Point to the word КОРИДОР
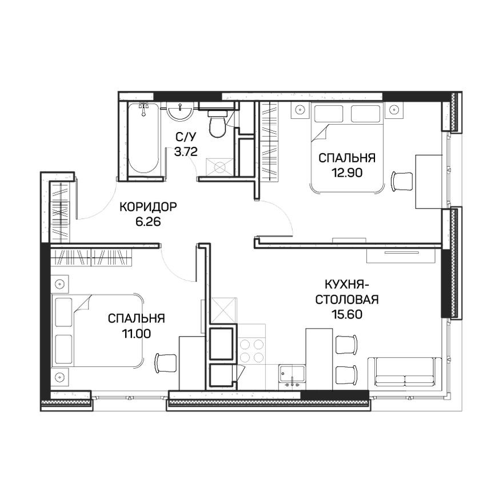pos(148,207)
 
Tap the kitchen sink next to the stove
pos(292,377)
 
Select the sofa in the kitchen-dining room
pos(405,372)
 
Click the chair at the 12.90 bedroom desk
pos(402,181)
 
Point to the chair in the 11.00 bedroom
pos(166,362)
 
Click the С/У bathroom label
pos(185,137)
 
